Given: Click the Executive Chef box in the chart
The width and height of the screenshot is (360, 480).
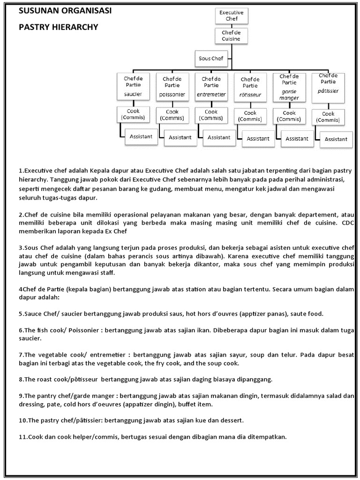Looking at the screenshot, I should point(229,15).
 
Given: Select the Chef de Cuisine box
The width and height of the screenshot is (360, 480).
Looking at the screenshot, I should point(229,36).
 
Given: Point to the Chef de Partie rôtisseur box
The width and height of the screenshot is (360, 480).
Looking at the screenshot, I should point(250,89).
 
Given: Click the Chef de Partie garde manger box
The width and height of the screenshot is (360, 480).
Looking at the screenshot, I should point(289,87).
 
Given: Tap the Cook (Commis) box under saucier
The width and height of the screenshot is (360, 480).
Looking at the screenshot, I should point(133,114).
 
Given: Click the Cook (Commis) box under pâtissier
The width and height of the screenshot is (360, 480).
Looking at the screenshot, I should point(328,117).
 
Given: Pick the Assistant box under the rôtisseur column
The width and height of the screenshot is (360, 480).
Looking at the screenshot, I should point(258,139).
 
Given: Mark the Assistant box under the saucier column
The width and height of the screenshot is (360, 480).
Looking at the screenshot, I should point(141,137).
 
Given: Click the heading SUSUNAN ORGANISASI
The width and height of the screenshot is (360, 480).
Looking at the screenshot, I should point(65,11).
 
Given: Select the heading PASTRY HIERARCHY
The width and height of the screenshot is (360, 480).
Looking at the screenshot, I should point(59,27).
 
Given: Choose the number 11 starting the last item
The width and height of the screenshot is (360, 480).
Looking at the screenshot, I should point(22,437).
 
